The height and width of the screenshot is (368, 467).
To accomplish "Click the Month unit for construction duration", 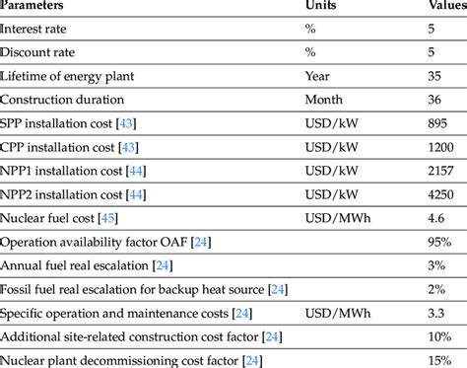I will [325, 100].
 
